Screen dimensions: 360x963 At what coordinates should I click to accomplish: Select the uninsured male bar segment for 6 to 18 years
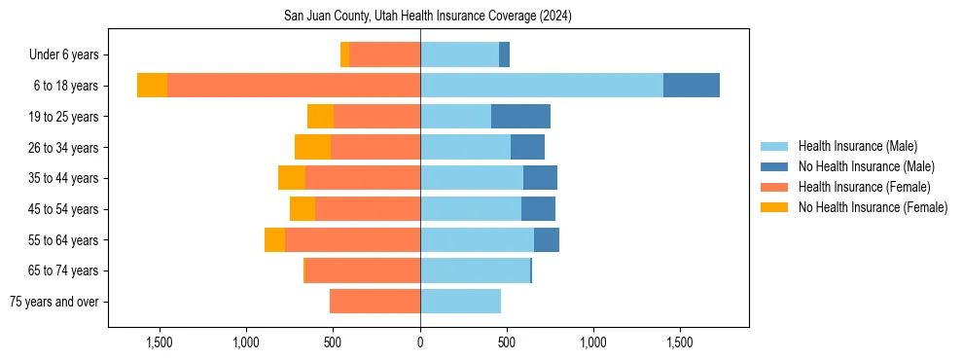click(692, 86)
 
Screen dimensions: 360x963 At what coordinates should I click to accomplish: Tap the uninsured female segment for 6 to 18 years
click(152, 86)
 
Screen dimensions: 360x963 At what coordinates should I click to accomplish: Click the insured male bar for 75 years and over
click(460, 302)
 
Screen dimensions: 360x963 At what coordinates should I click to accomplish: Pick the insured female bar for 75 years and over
click(374, 302)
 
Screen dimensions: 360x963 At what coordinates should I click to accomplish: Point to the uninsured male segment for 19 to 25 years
click(520, 117)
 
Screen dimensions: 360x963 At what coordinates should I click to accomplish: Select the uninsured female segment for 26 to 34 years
click(312, 147)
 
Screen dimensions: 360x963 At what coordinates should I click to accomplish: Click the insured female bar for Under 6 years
click(384, 54)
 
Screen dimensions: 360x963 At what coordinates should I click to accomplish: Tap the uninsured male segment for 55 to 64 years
click(547, 239)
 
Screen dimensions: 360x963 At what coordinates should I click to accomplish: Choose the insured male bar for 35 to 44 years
click(472, 178)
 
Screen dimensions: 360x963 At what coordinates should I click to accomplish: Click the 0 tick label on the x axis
click(420, 342)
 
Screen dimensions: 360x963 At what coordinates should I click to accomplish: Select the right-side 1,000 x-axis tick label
click(592, 342)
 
